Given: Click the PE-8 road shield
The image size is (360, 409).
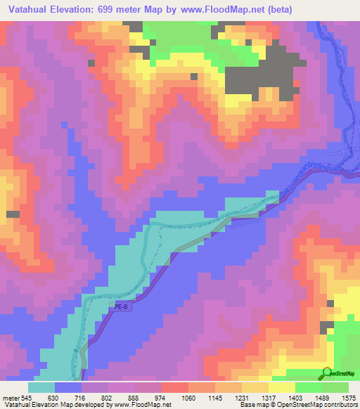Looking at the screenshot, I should [120, 306].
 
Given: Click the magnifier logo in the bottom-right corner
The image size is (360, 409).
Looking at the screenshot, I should [327, 372].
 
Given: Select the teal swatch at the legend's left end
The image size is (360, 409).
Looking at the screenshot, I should [41, 387].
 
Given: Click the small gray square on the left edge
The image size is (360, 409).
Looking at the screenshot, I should [12, 214].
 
